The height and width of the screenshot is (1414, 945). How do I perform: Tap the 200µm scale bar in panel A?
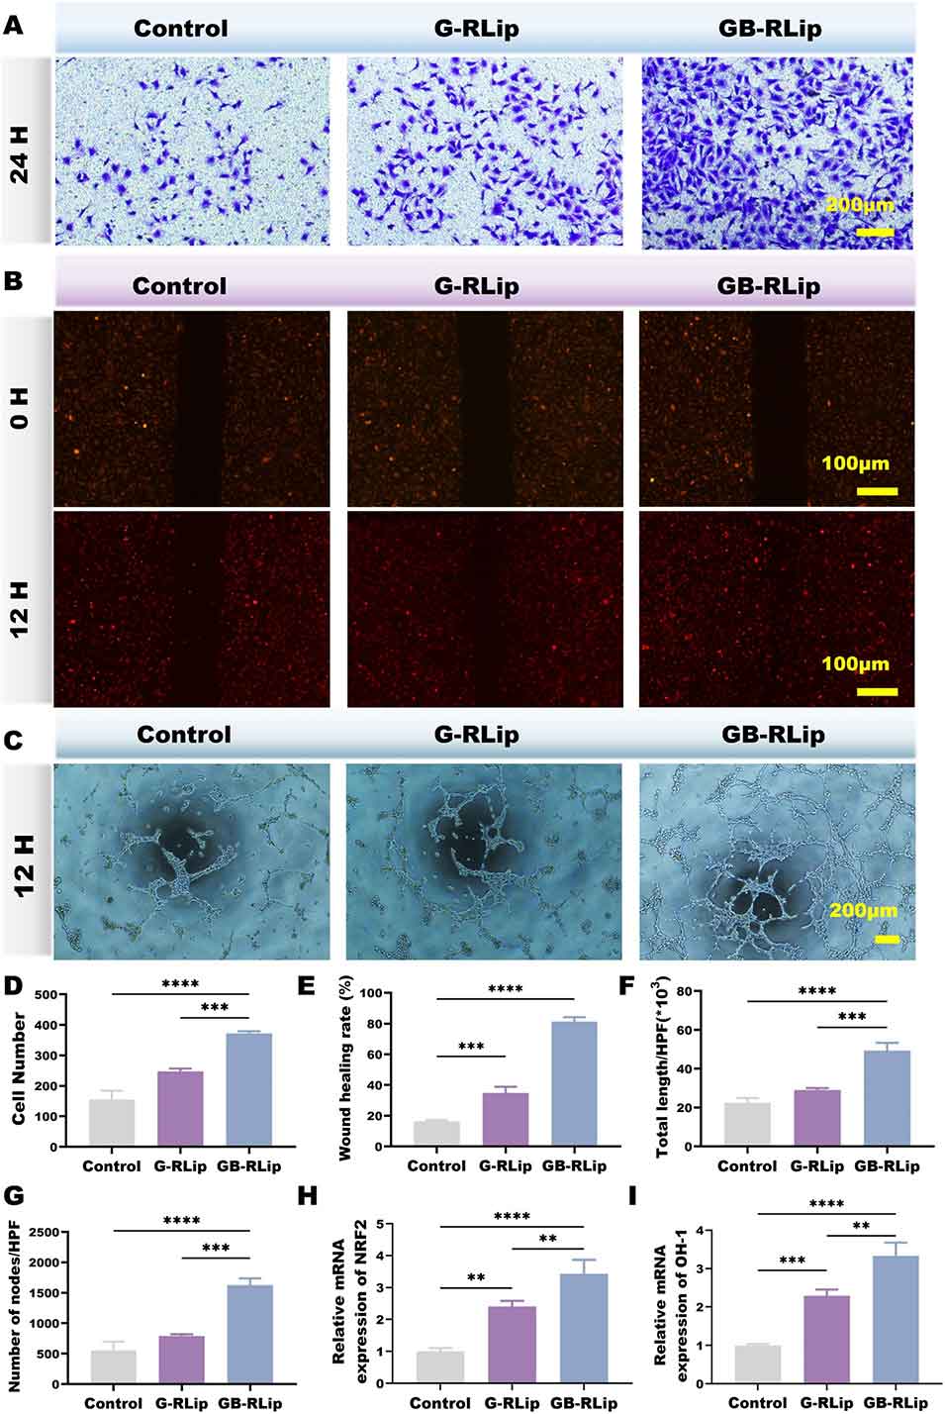[x=875, y=232]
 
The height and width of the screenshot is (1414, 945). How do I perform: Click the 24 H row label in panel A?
[x=20, y=150]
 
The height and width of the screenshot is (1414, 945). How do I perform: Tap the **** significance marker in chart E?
[x=505, y=989]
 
